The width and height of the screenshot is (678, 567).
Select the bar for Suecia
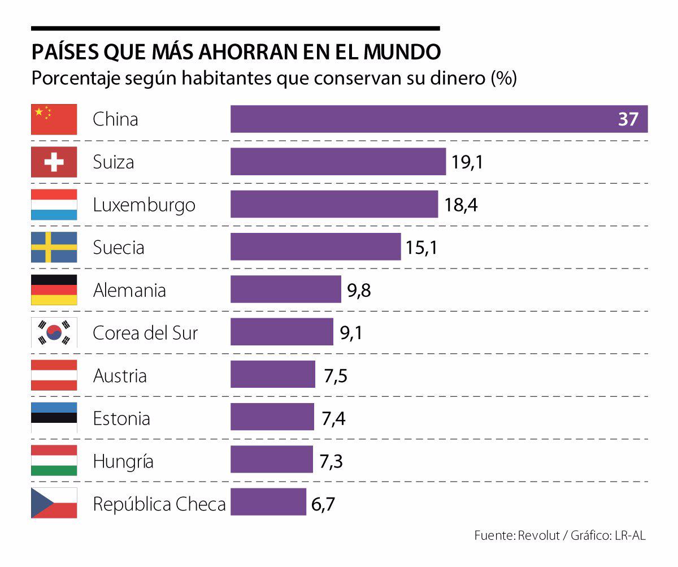tap(315, 247)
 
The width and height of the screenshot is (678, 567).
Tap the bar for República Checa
tap(268, 502)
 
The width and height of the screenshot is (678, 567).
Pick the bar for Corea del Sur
tap(281, 332)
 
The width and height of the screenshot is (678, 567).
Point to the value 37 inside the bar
tap(627, 119)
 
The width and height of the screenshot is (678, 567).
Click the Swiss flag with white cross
tap(54, 163)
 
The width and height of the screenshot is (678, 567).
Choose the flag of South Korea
tap(54, 333)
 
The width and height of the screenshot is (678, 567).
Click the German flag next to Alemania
tap(54, 290)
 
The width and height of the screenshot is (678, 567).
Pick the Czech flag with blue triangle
tap(54, 503)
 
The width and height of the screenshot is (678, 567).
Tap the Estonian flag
tap(54, 418)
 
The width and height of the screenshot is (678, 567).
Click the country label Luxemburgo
tap(144, 205)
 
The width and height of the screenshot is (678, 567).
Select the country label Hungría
tap(123, 461)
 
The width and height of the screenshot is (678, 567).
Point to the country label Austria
tap(120, 375)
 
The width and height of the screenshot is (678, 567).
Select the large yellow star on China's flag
tap(39, 112)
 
